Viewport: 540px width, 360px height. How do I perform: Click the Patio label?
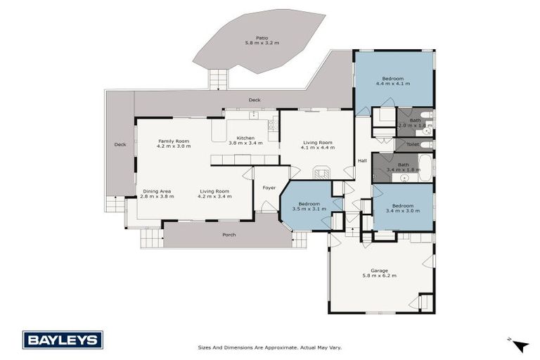(262, 38)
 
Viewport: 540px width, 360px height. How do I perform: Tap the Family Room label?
(174, 141)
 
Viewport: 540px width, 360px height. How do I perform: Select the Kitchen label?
(245, 138)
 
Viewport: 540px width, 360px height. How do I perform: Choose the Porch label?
(229, 235)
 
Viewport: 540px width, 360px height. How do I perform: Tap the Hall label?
(362, 161)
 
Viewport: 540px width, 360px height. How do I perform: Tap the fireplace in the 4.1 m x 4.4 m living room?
(321, 172)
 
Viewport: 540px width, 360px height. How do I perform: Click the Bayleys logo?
(63, 340)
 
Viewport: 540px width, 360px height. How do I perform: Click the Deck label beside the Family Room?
(120, 145)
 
